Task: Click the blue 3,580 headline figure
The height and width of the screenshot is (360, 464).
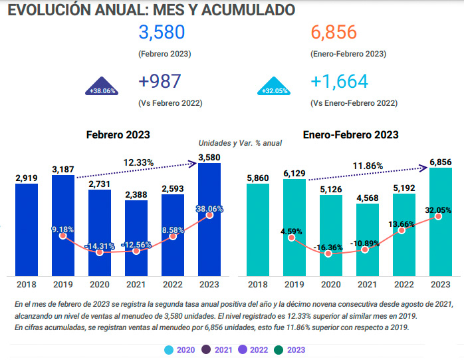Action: pyautogui.click(x=162, y=33)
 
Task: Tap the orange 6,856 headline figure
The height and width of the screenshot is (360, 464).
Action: pyautogui.click(x=333, y=33)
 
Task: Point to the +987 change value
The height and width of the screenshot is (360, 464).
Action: pyautogui.click(x=159, y=82)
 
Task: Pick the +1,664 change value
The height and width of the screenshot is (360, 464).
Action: pyautogui.click(x=338, y=82)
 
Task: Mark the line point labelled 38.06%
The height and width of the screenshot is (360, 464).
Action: pyautogui.click(x=210, y=215)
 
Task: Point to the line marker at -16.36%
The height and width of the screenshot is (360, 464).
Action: pyautogui.click(x=329, y=254)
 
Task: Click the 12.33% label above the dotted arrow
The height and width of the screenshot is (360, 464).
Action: pyautogui.click(x=139, y=162)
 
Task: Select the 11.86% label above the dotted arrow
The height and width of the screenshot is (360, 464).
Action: pyautogui.click(x=367, y=165)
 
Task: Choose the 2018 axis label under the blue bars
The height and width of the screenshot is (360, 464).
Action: pyautogui.click(x=27, y=285)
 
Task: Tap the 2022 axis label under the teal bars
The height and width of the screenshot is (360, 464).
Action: pyautogui.click(x=404, y=285)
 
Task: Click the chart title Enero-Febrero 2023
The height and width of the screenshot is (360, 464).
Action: pyautogui.click(x=350, y=134)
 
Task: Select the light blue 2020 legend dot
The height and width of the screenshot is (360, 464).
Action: pyautogui.click(x=170, y=349)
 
